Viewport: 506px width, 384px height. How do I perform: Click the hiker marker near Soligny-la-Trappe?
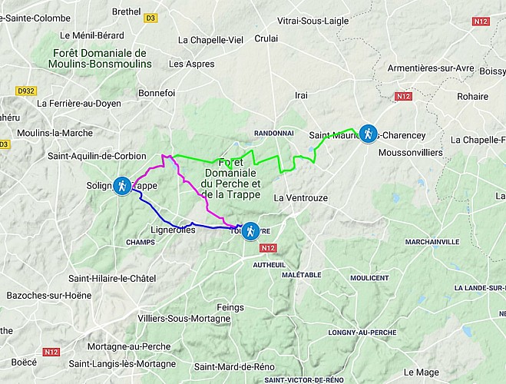pyautogui.click(x=122, y=186)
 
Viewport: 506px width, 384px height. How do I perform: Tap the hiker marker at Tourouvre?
pyautogui.click(x=250, y=231)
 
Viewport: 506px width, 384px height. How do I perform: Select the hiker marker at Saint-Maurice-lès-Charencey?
pyautogui.click(x=369, y=134)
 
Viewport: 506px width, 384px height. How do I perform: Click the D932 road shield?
pyautogui.click(x=25, y=91)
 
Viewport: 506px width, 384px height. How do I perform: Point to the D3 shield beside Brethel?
pyautogui.click(x=150, y=16)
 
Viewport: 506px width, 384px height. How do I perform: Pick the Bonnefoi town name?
pyautogui.click(x=157, y=93)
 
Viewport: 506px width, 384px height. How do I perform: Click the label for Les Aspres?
pyautogui.click(x=191, y=64)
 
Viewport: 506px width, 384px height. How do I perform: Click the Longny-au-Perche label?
pyautogui.click(x=361, y=333)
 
